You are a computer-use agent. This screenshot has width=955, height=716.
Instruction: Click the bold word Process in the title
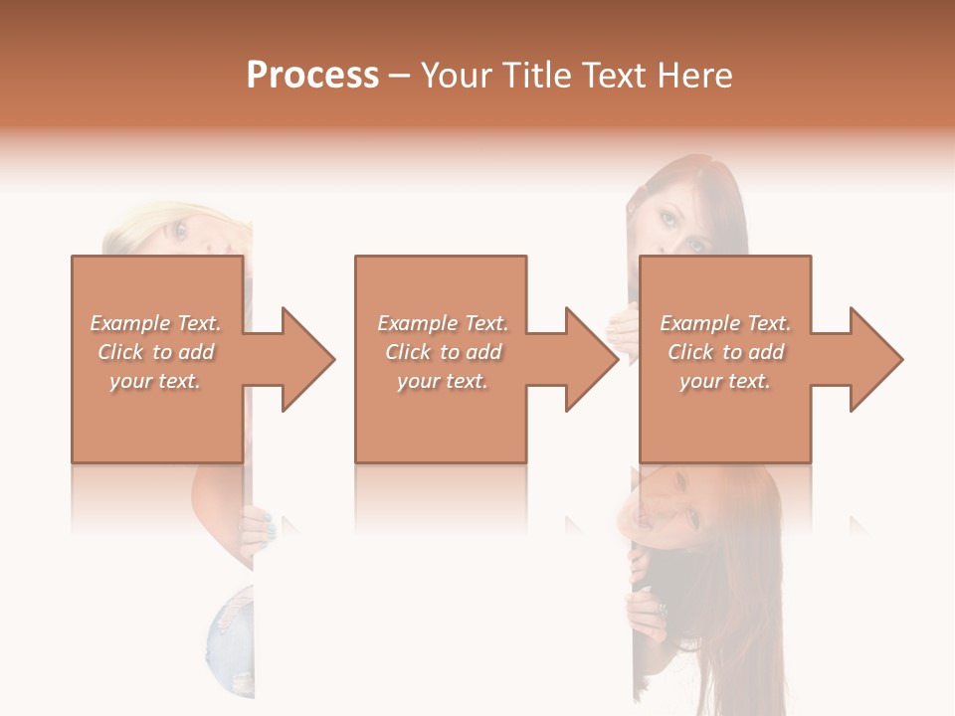[x=312, y=75]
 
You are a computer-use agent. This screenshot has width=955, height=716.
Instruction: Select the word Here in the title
[x=695, y=75]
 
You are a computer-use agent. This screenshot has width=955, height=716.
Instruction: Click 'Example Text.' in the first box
[x=156, y=323]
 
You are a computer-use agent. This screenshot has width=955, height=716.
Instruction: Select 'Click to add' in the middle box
[x=443, y=352]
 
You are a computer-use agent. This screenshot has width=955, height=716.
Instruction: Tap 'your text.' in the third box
[x=725, y=381]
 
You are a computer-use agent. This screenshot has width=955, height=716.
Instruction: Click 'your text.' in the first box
[x=156, y=381]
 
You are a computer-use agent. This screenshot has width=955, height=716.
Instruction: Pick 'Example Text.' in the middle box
[x=443, y=323]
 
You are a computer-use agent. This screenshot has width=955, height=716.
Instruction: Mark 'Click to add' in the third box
[x=725, y=352]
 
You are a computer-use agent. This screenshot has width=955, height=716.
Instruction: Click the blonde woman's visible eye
[x=180, y=232]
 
